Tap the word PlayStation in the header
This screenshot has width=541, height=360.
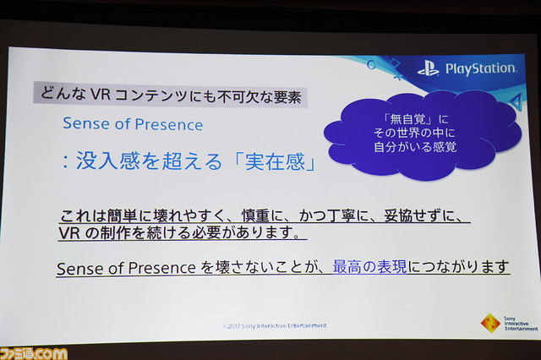[481, 68]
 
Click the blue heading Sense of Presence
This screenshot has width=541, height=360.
[133, 124]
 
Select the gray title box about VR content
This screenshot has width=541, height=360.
[171, 94]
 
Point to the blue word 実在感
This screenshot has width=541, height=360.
[275, 161]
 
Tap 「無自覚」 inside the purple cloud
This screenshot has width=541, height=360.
[406, 119]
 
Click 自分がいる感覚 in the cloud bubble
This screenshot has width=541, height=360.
[415, 147]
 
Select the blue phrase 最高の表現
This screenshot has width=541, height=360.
[370, 266]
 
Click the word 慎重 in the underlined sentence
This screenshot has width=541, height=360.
[255, 215]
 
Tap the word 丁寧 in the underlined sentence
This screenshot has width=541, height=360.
[342, 215]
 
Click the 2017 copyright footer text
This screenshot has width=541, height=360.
[275, 325]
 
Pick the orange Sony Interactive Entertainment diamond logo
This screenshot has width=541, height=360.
[490, 324]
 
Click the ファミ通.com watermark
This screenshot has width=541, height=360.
[34, 354]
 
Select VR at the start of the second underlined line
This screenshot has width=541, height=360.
[69, 232]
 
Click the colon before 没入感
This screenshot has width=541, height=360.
[65, 161]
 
